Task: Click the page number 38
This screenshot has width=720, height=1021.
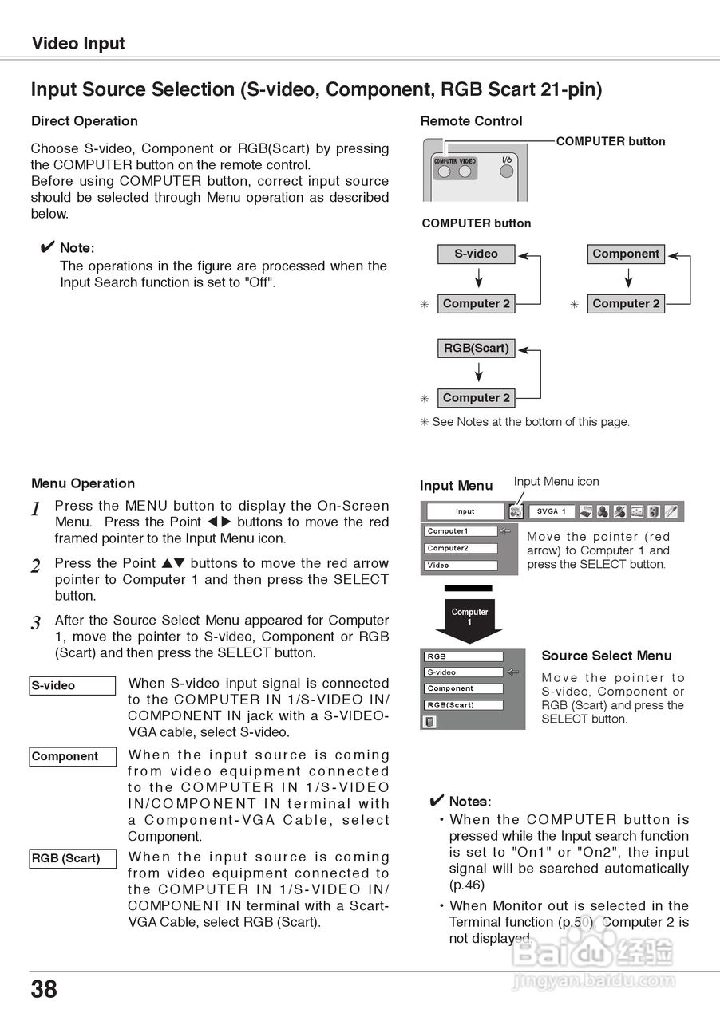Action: click(44, 990)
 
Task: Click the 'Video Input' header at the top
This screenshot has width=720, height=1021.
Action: click(78, 44)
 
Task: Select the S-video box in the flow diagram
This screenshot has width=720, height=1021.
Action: click(476, 254)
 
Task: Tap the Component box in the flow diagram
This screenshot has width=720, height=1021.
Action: click(626, 254)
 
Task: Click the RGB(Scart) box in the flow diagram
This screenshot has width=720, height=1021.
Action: click(476, 349)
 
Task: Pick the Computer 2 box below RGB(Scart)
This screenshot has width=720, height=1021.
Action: click(476, 398)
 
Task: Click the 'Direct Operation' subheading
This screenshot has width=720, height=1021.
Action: click(84, 121)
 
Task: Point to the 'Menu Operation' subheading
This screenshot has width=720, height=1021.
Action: click(83, 483)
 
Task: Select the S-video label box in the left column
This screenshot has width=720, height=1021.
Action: click(73, 685)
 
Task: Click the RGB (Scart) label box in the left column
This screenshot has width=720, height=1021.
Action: click(73, 859)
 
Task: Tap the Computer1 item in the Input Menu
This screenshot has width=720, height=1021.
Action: click(461, 531)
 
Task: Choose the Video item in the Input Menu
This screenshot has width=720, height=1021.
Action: click(461, 566)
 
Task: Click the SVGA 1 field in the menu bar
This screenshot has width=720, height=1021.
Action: click(552, 511)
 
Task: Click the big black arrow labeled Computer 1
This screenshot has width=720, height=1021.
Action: click(469, 617)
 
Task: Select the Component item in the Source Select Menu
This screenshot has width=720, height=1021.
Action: click(463, 688)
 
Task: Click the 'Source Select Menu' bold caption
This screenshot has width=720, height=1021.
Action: click(607, 656)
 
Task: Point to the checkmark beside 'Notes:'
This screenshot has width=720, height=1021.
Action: click(437, 801)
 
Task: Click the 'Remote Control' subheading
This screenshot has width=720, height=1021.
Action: click(471, 121)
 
